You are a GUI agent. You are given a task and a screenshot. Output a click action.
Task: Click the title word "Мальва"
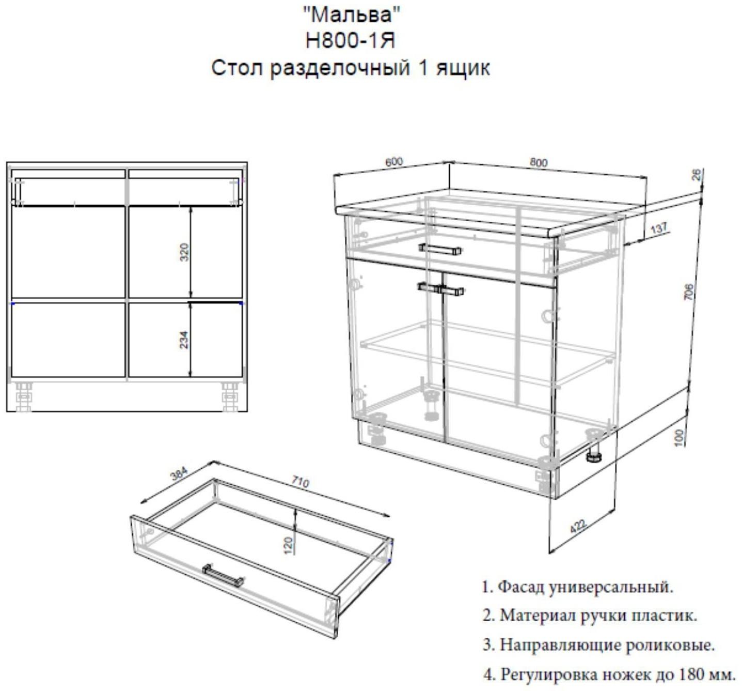[351, 14]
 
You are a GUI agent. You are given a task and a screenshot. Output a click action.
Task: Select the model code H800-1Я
[350, 41]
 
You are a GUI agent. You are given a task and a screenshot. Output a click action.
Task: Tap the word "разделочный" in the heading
[339, 69]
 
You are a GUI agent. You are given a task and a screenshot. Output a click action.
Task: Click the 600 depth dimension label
[394, 162]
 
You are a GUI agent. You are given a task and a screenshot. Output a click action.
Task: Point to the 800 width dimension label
[539, 162]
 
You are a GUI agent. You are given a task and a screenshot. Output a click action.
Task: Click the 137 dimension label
[659, 228]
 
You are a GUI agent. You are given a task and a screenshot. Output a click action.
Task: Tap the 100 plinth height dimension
[679, 437]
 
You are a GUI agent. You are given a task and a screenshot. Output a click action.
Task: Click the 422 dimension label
[578, 526]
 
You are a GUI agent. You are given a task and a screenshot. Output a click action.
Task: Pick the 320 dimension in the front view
[184, 252]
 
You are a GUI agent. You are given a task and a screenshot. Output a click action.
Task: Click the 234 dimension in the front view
[184, 340]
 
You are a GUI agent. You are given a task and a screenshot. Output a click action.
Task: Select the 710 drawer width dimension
[300, 482]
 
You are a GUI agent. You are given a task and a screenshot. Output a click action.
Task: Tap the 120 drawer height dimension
[288, 545]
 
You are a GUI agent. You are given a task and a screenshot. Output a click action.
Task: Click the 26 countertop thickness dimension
[697, 175]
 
